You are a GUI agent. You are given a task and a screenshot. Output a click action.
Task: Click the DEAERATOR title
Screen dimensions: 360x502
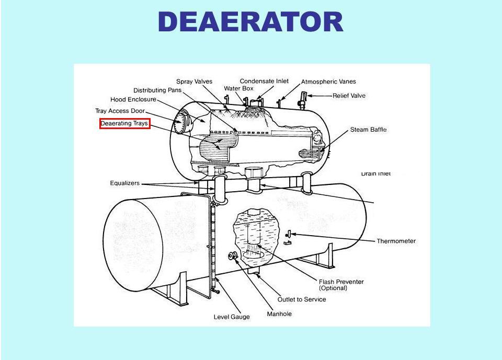click(250, 22)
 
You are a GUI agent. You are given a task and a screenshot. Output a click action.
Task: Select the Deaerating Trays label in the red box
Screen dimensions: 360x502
click(124, 124)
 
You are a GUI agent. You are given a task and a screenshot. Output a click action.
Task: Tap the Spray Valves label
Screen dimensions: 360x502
click(194, 82)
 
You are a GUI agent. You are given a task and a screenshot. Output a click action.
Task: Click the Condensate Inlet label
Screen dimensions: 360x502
click(264, 81)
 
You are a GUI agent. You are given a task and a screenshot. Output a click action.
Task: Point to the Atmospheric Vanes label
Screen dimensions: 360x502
click(328, 82)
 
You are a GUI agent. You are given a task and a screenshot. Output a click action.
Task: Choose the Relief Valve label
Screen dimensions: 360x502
click(349, 96)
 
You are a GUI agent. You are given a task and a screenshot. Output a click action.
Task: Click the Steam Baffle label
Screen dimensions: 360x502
click(368, 130)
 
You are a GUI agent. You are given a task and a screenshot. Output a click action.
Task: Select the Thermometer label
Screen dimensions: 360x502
click(396, 241)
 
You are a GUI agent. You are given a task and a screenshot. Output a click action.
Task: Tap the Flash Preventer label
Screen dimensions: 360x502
click(341, 282)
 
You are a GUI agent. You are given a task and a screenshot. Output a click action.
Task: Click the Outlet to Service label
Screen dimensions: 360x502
click(301, 299)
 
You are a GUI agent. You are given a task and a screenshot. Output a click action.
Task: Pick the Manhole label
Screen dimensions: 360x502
click(279, 314)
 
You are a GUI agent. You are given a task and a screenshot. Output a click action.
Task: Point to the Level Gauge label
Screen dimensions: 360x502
click(232, 317)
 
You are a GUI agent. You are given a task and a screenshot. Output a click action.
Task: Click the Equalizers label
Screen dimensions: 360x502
click(125, 183)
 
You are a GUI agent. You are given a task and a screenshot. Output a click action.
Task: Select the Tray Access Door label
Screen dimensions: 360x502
click(120, 111)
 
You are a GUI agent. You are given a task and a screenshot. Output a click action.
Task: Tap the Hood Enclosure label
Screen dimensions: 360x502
click(133, 99)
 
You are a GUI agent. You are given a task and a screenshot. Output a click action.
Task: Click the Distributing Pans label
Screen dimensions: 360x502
click(157, 90)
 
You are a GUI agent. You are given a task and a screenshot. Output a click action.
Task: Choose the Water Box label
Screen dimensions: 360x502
click(238, 88)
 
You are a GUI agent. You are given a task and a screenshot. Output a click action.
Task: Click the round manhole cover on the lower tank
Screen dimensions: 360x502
click(233, 256)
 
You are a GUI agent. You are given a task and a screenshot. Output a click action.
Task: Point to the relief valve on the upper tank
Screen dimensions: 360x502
click(304, 97)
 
